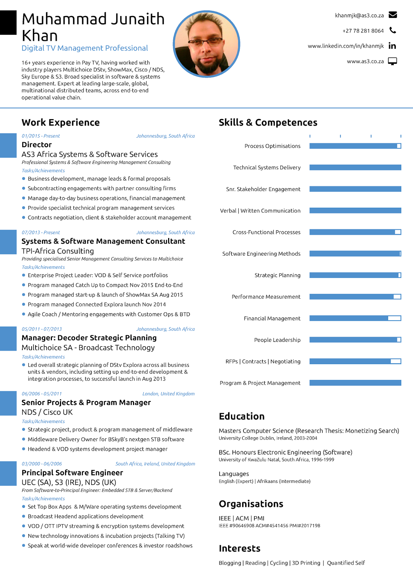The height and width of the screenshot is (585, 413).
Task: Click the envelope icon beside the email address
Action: coord(393,15)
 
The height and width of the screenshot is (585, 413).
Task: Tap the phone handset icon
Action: coord(393,30)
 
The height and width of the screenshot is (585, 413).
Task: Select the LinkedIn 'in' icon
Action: coord(393,46)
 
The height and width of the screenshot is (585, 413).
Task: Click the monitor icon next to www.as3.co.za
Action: coord(393,61)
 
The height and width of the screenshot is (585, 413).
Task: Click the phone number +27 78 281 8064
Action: coord(363,31)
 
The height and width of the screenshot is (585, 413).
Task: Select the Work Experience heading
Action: coord(61,122)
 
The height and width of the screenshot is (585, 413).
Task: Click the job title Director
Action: coord(37,145)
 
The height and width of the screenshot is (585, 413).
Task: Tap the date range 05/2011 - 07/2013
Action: coord(42,329)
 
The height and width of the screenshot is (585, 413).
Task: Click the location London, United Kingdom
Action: coord(168,394)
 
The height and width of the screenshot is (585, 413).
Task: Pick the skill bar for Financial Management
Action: coord(355,318)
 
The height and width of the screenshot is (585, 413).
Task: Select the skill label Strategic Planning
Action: coord(277,275)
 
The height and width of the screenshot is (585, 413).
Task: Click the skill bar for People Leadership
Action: coord(355,340)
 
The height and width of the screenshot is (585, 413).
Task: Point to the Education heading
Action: coord(242,416)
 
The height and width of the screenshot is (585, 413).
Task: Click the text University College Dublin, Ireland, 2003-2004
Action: coord(268,438)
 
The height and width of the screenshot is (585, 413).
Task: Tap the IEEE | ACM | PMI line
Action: coord(242,518)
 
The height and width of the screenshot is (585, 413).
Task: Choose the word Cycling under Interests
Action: coord(279,563)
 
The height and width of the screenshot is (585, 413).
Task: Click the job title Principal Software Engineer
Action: coord(72,473)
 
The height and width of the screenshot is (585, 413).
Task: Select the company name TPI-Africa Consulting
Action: coord(58,251)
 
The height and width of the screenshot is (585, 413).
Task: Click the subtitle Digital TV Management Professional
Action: coord(85,48)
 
